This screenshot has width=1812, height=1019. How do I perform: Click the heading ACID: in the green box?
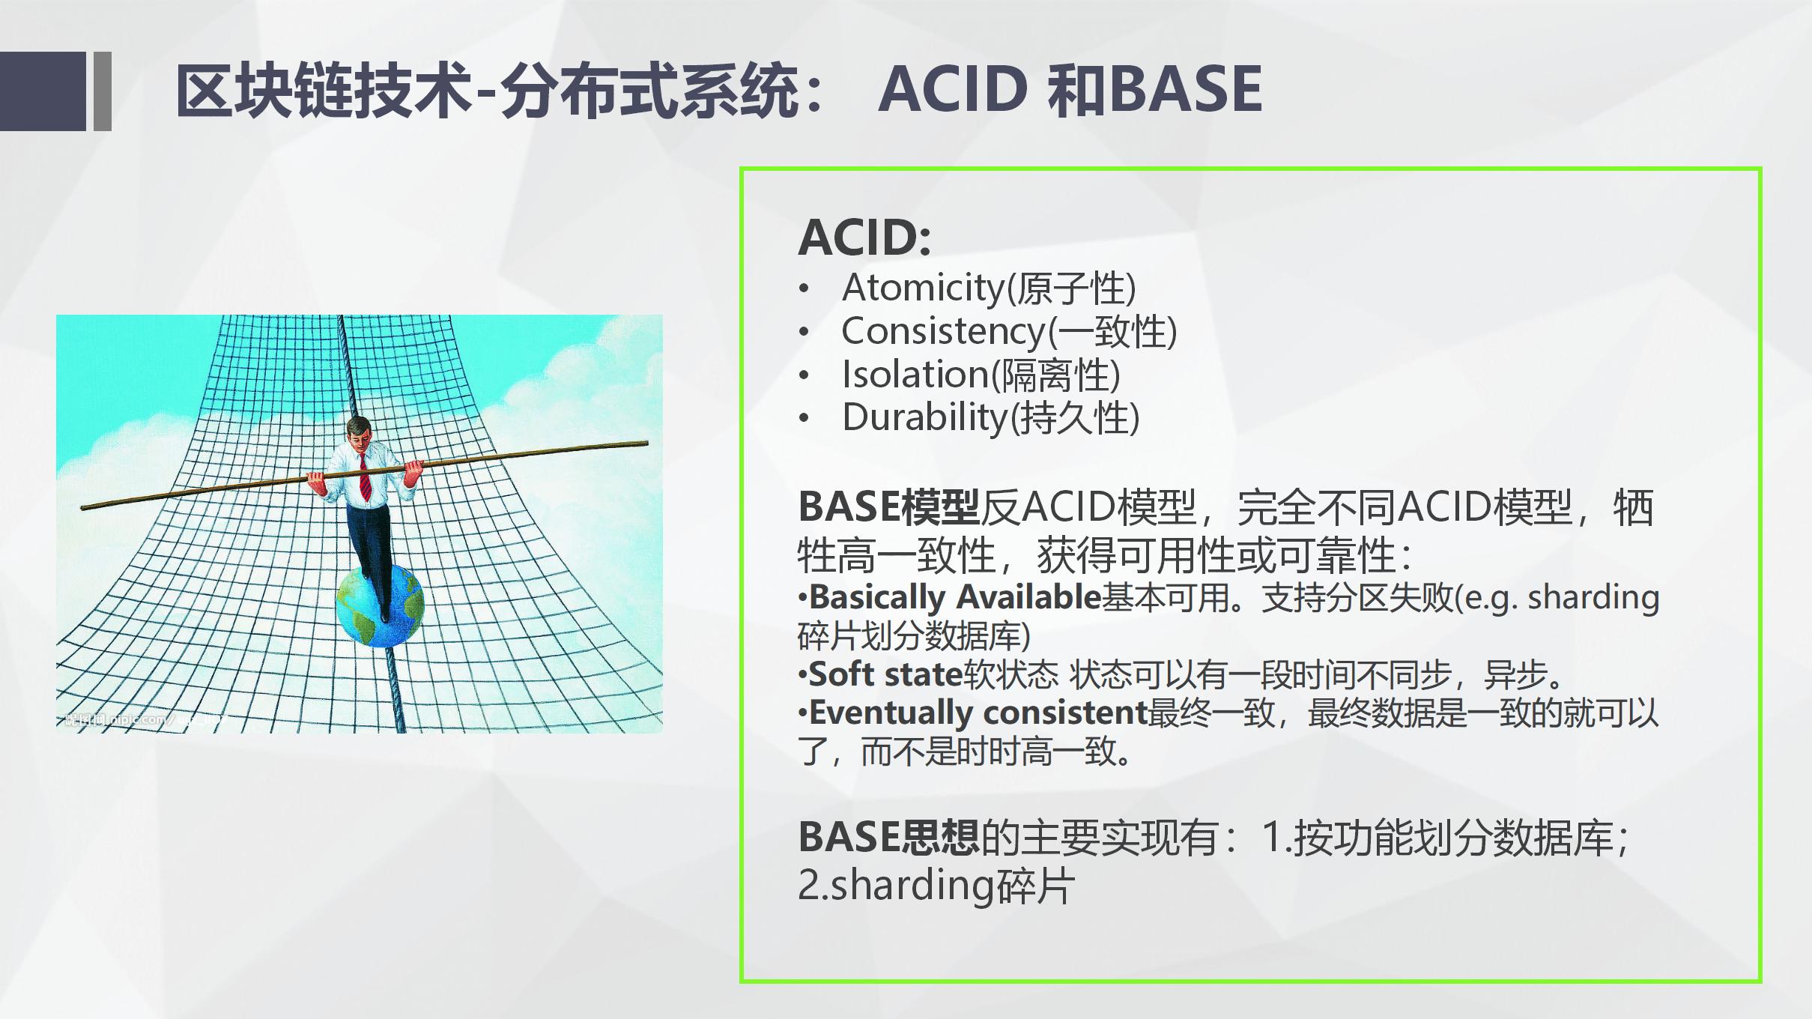pos(864,238)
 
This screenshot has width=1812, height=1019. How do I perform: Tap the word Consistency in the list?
pos(942,332)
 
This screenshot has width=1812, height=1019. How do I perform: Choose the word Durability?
pos(926,418)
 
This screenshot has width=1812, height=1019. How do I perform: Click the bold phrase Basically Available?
pos(954,598)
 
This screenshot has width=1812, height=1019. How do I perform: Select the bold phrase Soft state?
pos(885,675)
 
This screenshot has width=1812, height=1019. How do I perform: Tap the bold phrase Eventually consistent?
pos(978,713)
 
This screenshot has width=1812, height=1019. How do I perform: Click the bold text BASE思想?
pos(888,838)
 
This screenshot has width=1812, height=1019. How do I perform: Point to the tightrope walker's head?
pos(359,432)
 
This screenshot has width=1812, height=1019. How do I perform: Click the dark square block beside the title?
pos(43,91)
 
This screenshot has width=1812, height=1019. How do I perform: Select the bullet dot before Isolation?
pos(805,375)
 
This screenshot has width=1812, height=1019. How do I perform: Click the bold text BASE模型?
pos(888,508)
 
